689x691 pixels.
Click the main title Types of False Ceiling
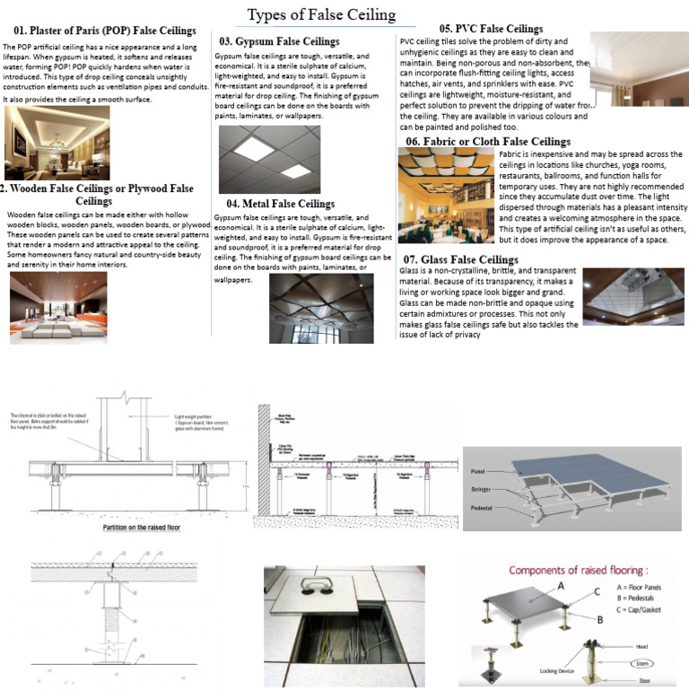coord(320,14)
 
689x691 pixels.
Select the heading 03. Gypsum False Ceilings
coord(279,41)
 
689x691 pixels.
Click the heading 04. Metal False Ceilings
coord(280,204)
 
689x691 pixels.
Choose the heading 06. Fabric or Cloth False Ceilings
coord(487,142)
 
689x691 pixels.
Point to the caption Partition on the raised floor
coord(138,529)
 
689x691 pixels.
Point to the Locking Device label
coord(532,670)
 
